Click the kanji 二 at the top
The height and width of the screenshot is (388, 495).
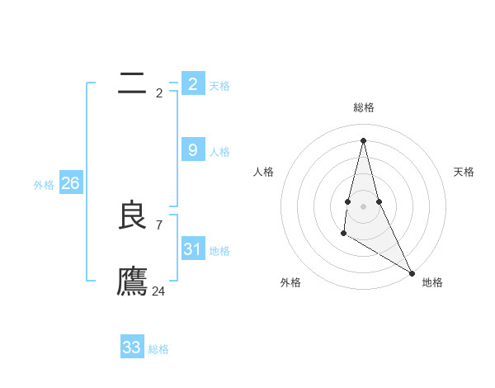pos(132,83)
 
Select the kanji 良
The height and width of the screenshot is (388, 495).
pos(132,215)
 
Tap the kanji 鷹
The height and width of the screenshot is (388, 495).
pos(132,282)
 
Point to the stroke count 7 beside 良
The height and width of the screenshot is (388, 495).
pos(159,225)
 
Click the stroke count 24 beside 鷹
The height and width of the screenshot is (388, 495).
pos(158,291)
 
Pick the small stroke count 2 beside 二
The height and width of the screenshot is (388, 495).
pos(159,92)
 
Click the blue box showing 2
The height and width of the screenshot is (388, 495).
pos(192,83)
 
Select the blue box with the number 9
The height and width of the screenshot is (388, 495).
pos(192,149)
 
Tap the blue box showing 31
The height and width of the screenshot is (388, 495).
pos(192,248)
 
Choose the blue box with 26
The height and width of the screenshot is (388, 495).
pos(70,183)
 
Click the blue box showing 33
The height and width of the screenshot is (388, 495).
pos(131,348)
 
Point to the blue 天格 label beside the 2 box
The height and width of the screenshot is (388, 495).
pos(219,86)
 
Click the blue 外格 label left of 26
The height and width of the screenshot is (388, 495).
pos(44,185)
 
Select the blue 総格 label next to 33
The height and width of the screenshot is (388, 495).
pos(158,349)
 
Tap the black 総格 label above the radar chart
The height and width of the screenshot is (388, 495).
pos(363,107)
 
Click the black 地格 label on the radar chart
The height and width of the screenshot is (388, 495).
pos(432,282)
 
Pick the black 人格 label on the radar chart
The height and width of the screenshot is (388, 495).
pos(264,172)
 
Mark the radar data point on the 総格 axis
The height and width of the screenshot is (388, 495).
pos(363,140)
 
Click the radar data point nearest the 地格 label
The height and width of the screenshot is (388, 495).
pos(412,272)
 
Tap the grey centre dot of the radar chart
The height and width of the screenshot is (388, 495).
pos(363,205)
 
